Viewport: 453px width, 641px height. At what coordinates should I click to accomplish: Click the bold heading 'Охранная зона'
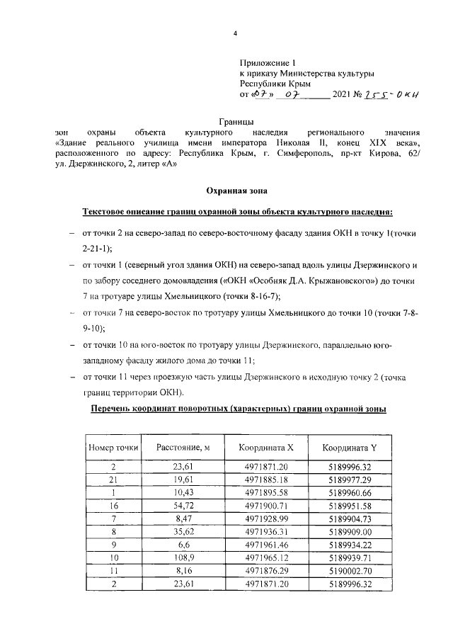coord(236,190)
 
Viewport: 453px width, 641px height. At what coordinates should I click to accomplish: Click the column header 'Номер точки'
coord(113,447)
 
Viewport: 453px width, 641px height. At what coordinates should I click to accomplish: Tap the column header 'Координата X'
coord(265,447)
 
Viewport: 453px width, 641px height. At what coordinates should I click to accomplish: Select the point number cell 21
coord(113,480)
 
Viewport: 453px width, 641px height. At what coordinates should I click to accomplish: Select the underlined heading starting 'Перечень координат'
coord(237,410)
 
